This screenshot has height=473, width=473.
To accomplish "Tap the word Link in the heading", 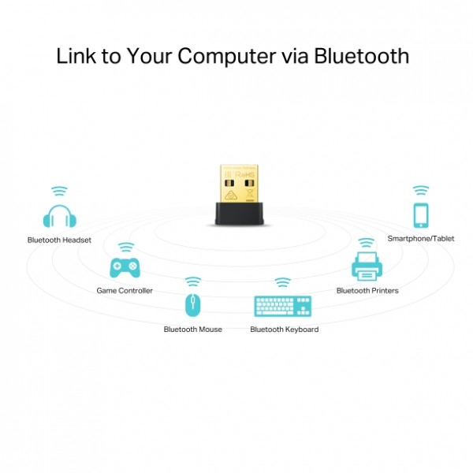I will pyautogui.click(x=73, y=57).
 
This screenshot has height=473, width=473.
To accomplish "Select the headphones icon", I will pyautogui.click(x=59, y=218).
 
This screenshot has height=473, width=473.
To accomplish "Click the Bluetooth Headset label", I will pyautogui.click(x=59, y=240).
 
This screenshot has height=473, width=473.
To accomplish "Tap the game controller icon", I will pyautogui.click(x=124, y=268).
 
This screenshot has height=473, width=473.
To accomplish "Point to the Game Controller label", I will pyautogui.click(x=125, y=290).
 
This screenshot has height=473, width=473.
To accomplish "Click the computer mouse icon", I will pyautogui.click(x=192, y=306).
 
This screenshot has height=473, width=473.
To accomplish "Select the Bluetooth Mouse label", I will pyautogui.click(x=192, y=329).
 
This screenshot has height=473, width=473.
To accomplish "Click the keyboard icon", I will pyautogui.click(x=283, y=306).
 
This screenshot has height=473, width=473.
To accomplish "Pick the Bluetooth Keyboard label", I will pyautogui.click(x=284, y=329).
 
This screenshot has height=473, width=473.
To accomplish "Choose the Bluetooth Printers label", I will pyautogui.click(x=367, y=290).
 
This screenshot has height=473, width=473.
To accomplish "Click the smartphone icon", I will pyautogui.click(x=421, y=215).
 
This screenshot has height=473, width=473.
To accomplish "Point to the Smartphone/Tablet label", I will pyautogui.click(x=421, y=238).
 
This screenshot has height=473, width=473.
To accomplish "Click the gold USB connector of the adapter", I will pyautogui.click(x=236, y=184).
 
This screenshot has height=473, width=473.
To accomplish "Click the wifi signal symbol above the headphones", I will pyautogui.click(x=59, y=192).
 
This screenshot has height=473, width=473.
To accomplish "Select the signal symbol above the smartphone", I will pyautogui.click(x=421, y=190).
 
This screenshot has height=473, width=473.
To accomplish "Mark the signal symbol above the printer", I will pyautogui.click(x=367, y=243).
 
